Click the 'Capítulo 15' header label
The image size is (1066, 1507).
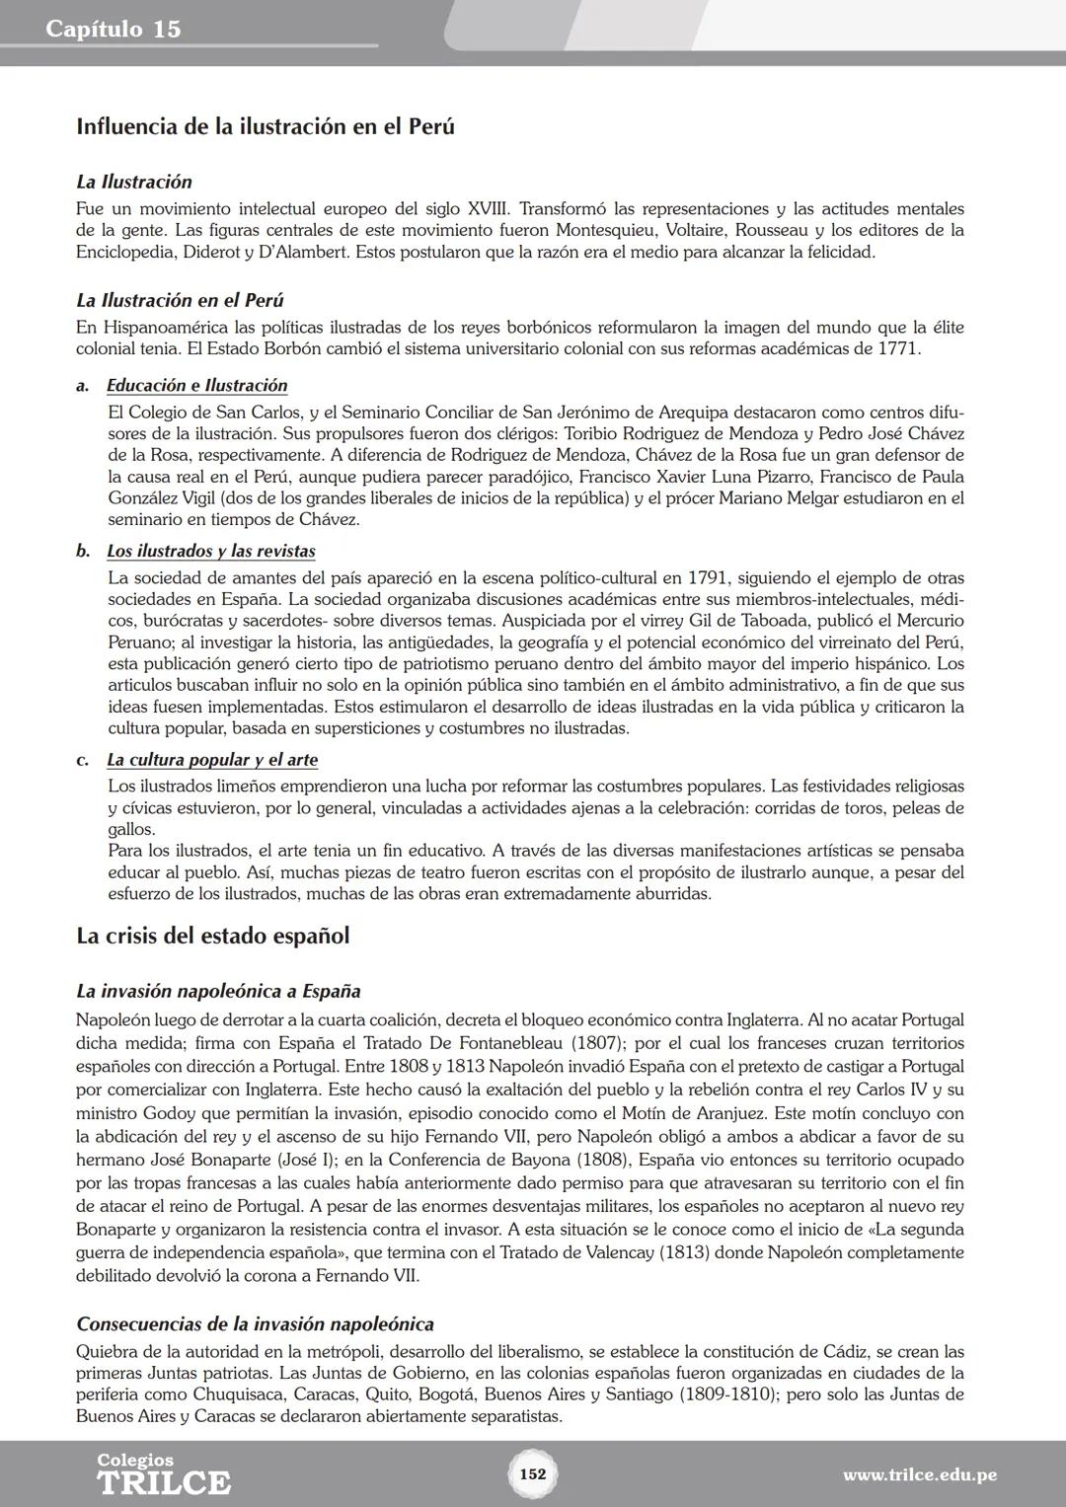[114, 30]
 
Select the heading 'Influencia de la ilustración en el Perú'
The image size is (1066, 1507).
[265, 127]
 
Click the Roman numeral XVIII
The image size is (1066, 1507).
[488, 208]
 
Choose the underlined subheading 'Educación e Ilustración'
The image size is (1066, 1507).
[196, 386]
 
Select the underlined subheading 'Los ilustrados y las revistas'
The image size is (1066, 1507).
[210, 551]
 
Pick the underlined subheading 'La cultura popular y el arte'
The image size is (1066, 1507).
[211, 760]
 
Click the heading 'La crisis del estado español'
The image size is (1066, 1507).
[212, 936]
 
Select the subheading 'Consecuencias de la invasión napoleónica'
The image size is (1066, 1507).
[255, 1323]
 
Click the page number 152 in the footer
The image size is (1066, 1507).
[532, 1474]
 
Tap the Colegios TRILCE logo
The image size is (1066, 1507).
[163, 1473]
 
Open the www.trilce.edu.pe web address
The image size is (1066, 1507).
[919, 1475]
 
